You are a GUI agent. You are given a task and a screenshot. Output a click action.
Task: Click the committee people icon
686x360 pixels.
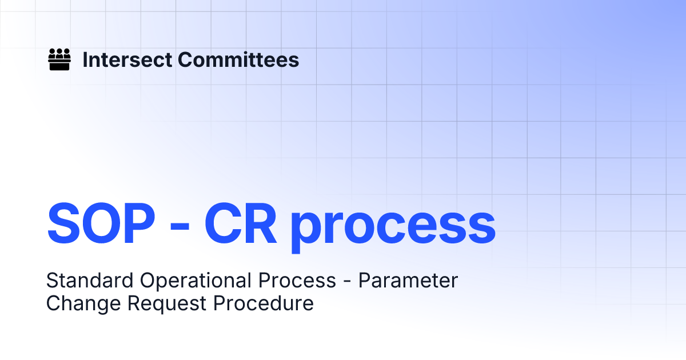(x=59, y=59)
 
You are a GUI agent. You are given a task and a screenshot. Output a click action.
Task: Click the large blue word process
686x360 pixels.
(x=393, y=226)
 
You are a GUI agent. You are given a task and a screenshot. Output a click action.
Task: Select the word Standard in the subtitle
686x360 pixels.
(x=90, y=281)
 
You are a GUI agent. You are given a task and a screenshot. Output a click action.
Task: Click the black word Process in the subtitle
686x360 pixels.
(x=297, y=281)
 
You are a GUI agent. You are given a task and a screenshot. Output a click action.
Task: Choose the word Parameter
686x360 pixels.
(x=408, y=281)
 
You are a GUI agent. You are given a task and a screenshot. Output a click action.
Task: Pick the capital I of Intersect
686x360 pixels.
(x=86, y=60)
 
